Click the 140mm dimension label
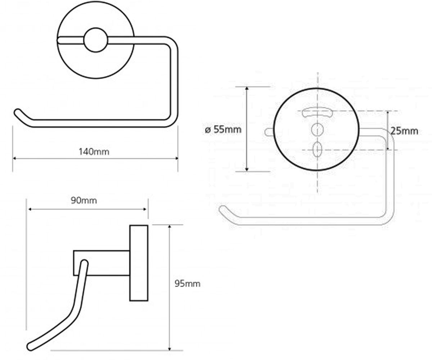94,152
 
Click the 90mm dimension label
84,201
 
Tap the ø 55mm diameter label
223,130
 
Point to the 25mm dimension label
404,131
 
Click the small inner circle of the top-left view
96,40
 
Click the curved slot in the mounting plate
317,112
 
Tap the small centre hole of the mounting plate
318,130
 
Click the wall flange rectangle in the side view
139,263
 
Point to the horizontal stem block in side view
102,263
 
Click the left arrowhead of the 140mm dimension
14,158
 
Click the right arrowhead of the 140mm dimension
176,158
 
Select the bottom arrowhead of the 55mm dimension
247,170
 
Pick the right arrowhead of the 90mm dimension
145,209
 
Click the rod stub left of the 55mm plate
269,132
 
